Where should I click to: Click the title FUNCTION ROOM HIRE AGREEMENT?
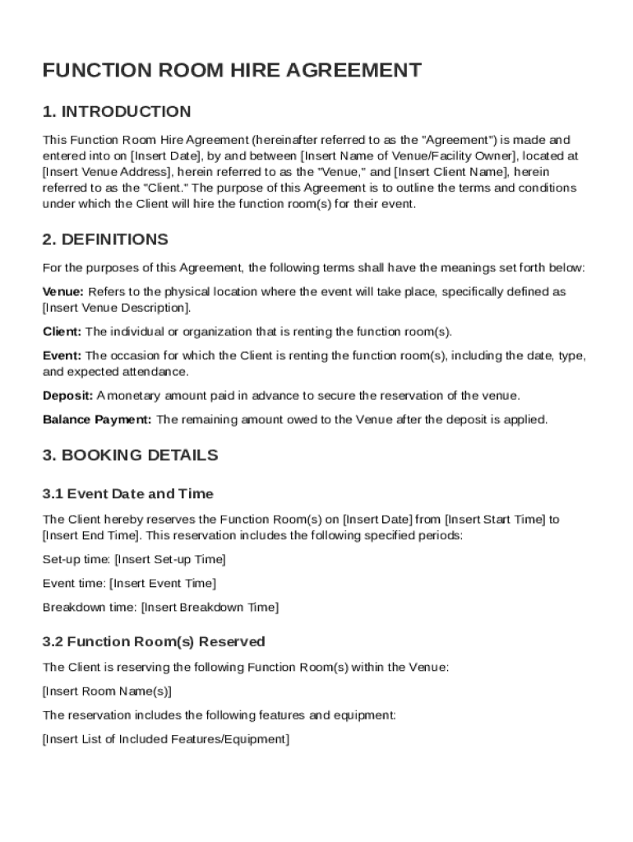click(x=232, y=71)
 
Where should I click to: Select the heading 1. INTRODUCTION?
click(x=117, y=112)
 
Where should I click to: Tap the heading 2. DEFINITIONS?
click(x=105, y=239)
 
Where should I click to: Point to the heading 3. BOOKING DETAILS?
click(x=130, y=456)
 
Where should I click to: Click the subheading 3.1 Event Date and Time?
click(x=127, y=494)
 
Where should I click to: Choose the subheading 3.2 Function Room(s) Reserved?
click(x=154, y=641)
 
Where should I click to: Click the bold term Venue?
click(x=63, y=292)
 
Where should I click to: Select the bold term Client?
click(x=62, y=332)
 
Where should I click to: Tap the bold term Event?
click(x=62, y=356)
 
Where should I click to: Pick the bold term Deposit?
click(x=67, y=396)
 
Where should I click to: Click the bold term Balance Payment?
click(x=97, y=419)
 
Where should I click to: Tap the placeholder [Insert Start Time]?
click(x=496, y=520)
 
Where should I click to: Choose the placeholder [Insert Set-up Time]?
click(x=169, y=560)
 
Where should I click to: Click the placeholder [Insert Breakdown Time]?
click(x=210, y=608)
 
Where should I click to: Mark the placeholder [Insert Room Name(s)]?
click(x=107, y=691)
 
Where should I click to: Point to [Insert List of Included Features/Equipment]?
click(x=165, y=739)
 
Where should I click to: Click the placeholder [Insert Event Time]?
click(x=163, y=584)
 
